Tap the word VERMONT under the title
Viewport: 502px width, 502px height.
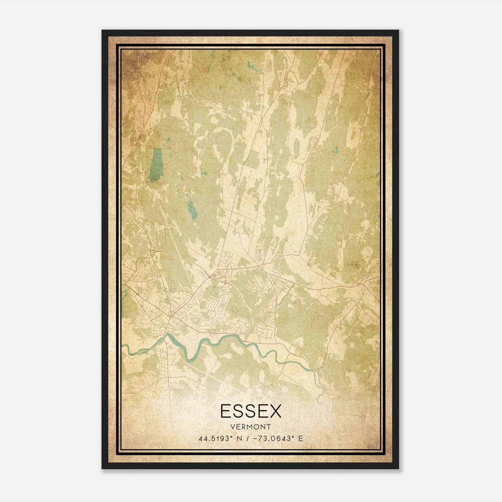[x=251, y=427]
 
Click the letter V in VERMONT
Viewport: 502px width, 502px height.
[x=232, y=427]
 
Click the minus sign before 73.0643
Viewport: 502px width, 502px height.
[x=255, y=438]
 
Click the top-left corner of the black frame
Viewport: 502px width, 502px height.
[x=102, y=30]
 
